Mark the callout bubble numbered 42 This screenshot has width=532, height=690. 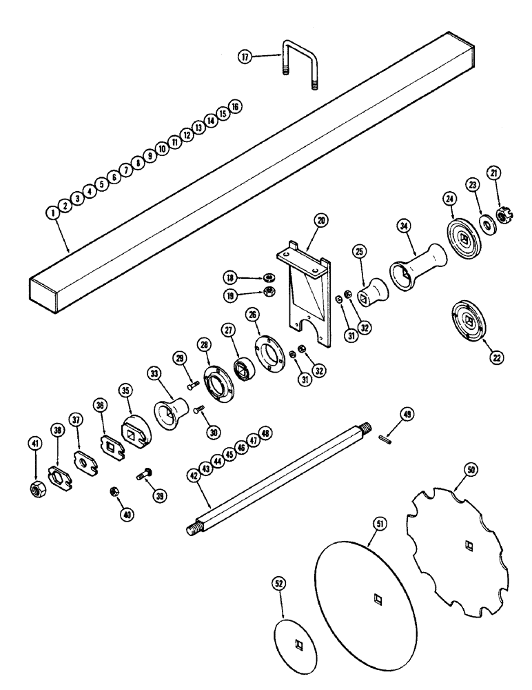click(194, 475)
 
